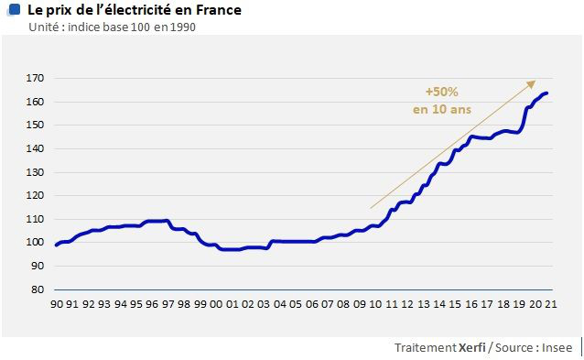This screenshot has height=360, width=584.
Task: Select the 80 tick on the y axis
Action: click(37, 289)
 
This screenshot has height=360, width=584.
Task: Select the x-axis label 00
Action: click(214, 303)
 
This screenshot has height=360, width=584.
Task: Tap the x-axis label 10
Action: click(374, 303)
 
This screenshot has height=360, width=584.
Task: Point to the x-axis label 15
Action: click(454, 303)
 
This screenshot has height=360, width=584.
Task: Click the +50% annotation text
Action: click(441, 92)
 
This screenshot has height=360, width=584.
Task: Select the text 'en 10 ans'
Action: click(440, 109)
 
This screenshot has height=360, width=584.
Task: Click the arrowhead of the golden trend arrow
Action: click(533, 82)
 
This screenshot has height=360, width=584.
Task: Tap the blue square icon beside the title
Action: click(13, 10)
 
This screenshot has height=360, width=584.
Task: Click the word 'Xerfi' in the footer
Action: click(472, 348)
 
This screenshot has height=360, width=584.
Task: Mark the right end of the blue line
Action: click(547, 93)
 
